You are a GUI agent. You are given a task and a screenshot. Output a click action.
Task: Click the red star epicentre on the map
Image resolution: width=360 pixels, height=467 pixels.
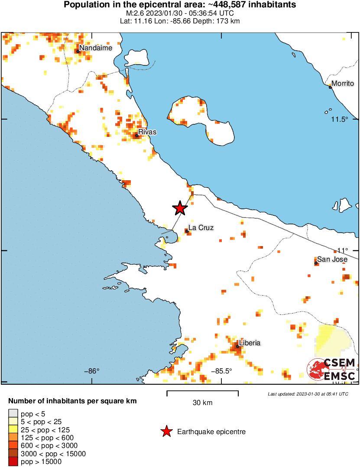click(x=180, y=208)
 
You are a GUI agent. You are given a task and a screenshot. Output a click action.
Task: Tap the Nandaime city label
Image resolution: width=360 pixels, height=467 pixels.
click(x=96, y=48)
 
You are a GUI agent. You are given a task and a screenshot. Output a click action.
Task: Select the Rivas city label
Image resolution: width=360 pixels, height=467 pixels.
click(x=147, y=132)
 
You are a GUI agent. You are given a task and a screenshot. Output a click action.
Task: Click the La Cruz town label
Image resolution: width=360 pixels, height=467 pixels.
click(x=201, y=228)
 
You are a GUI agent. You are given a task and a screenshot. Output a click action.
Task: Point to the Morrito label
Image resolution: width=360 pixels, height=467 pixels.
click(x=343, y=84)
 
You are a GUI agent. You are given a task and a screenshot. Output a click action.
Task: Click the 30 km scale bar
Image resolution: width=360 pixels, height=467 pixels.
click(x=202, y=393)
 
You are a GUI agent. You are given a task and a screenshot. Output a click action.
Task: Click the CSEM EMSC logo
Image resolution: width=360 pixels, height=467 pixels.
click(x=332, y=369)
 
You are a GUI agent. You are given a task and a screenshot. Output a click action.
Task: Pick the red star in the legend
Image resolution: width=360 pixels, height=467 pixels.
click(x=166, y=431)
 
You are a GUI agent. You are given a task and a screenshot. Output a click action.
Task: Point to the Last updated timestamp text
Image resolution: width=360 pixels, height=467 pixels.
click(x=308, y=394)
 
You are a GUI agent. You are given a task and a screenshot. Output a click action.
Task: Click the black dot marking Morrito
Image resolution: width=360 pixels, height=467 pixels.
click(x=330, y=87)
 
